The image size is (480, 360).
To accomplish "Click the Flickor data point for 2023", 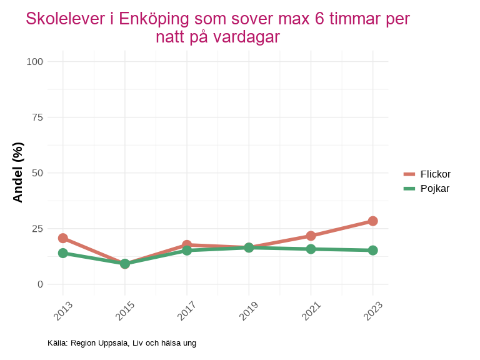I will [x=372, y=221].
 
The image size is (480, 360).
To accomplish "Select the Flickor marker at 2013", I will [x=63, y=238].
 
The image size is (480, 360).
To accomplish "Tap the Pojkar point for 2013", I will [x=63, y=253].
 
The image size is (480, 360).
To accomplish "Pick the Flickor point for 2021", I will [x=311, y=236].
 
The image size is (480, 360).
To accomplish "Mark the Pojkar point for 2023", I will [x=372, y=251].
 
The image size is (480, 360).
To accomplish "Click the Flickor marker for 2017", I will [x=187, y=245].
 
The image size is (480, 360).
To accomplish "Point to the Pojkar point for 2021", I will [x=311, y=249].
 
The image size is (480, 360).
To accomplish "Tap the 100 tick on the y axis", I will [x=35, y=61].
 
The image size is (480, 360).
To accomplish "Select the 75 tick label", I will [x=37, y=117].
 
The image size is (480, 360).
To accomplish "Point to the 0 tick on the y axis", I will [x=41, y=284].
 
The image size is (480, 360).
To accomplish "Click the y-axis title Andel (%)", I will [x=18, y=172].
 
